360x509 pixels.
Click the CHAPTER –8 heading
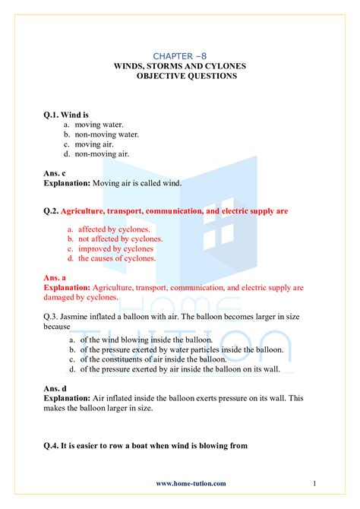[x=179, y=56]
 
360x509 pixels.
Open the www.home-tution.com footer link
[x=191, y=483]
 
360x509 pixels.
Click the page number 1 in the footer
[x=314, y=483]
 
